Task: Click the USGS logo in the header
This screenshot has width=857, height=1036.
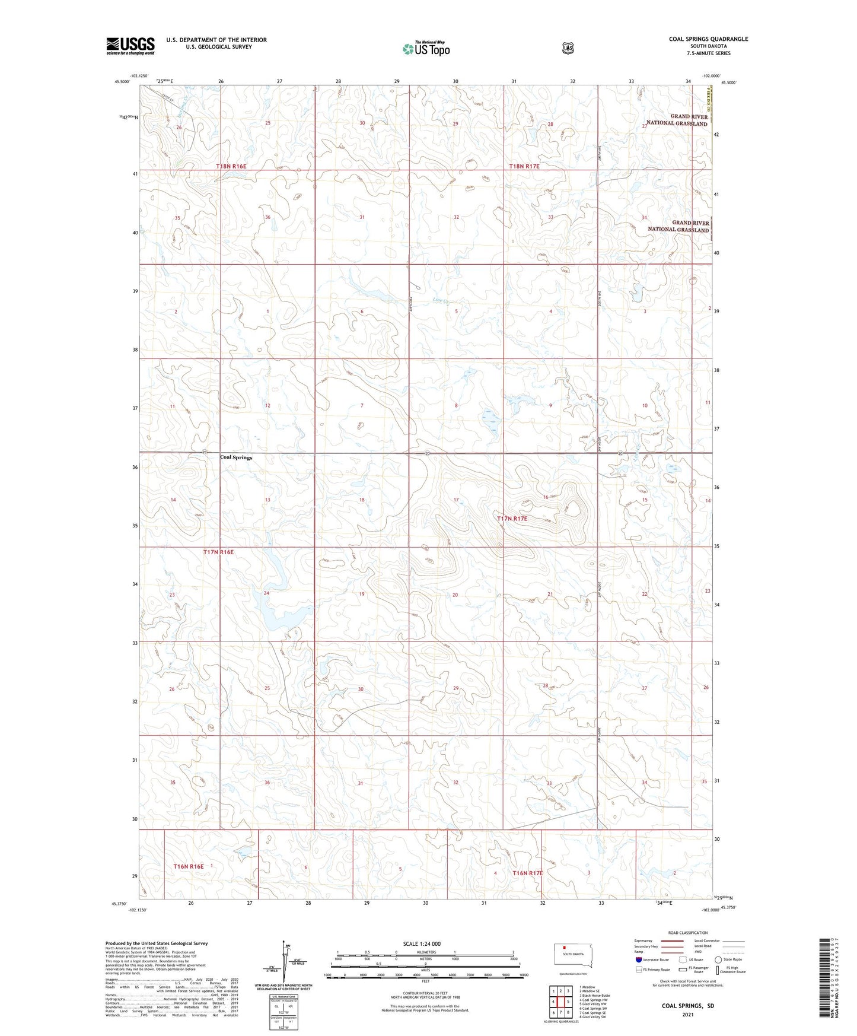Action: [x=130, y=46]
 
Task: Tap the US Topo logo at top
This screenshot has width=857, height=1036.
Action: [x=425, y=49]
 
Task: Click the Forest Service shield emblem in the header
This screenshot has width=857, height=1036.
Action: [x=568, y=48]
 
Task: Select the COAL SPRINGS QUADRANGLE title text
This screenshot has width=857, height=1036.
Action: [x=708, y=39]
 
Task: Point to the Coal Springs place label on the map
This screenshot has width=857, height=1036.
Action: [x=236, y=457]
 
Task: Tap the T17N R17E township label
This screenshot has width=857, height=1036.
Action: [x=511, y=519]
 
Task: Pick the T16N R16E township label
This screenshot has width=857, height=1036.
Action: [x=189, y=866]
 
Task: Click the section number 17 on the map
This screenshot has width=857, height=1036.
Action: [x=456, y=500]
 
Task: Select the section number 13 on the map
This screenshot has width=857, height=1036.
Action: [x=267, y=500]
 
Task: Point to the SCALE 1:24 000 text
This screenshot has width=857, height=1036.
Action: [x=422, y=943]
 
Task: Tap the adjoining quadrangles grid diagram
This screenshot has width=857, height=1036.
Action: [x=561, y=1002]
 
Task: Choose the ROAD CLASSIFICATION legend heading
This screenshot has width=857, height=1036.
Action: [x=687, y=933]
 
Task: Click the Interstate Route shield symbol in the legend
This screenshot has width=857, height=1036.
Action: [x=638, y=959]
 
